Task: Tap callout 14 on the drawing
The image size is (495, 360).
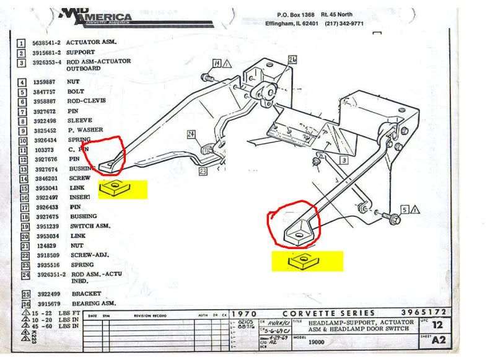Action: [x=216, y=63]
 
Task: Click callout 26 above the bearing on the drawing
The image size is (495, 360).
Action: [x=292, y=59]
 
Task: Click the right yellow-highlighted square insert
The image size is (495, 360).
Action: [x=300, y=260]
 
